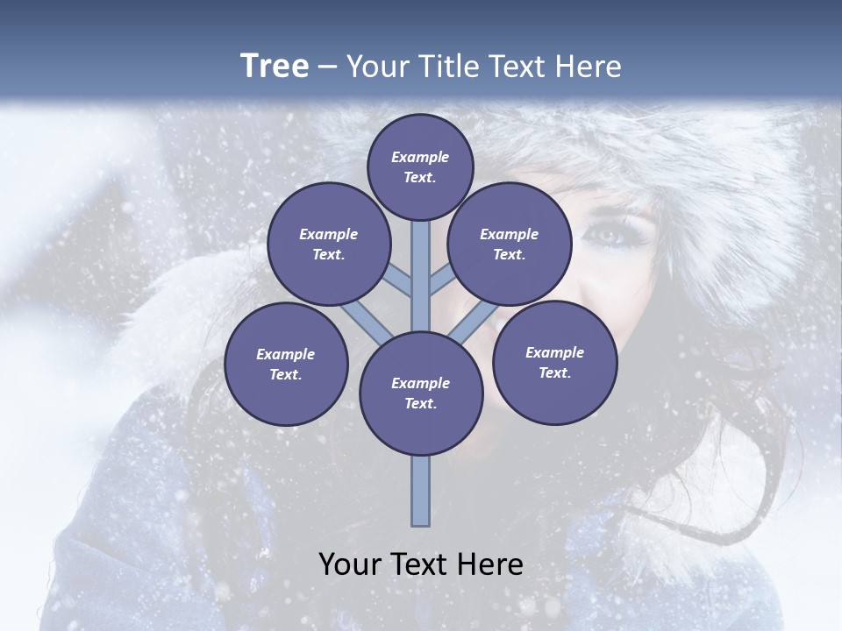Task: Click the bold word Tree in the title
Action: click(x=275, y=66)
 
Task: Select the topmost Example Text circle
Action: click(x=420, y=167)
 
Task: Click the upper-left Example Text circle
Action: click(x=328, y=244)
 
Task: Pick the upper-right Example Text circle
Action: click(x=509, y=244)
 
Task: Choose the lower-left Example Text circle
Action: click(x=286, y=364)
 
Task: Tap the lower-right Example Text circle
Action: click(x=554, y=362)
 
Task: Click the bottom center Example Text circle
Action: click(x=421, y=393)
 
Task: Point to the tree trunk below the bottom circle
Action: click(x=421, y=491)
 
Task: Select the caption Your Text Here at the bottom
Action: click(x=421, y=564)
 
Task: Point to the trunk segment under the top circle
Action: click(x=421, y=263)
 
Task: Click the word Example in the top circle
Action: click(x=420, y=158)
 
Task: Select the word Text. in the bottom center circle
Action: click(x=421, y=403)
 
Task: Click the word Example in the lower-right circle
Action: click(x=554, y=352)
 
